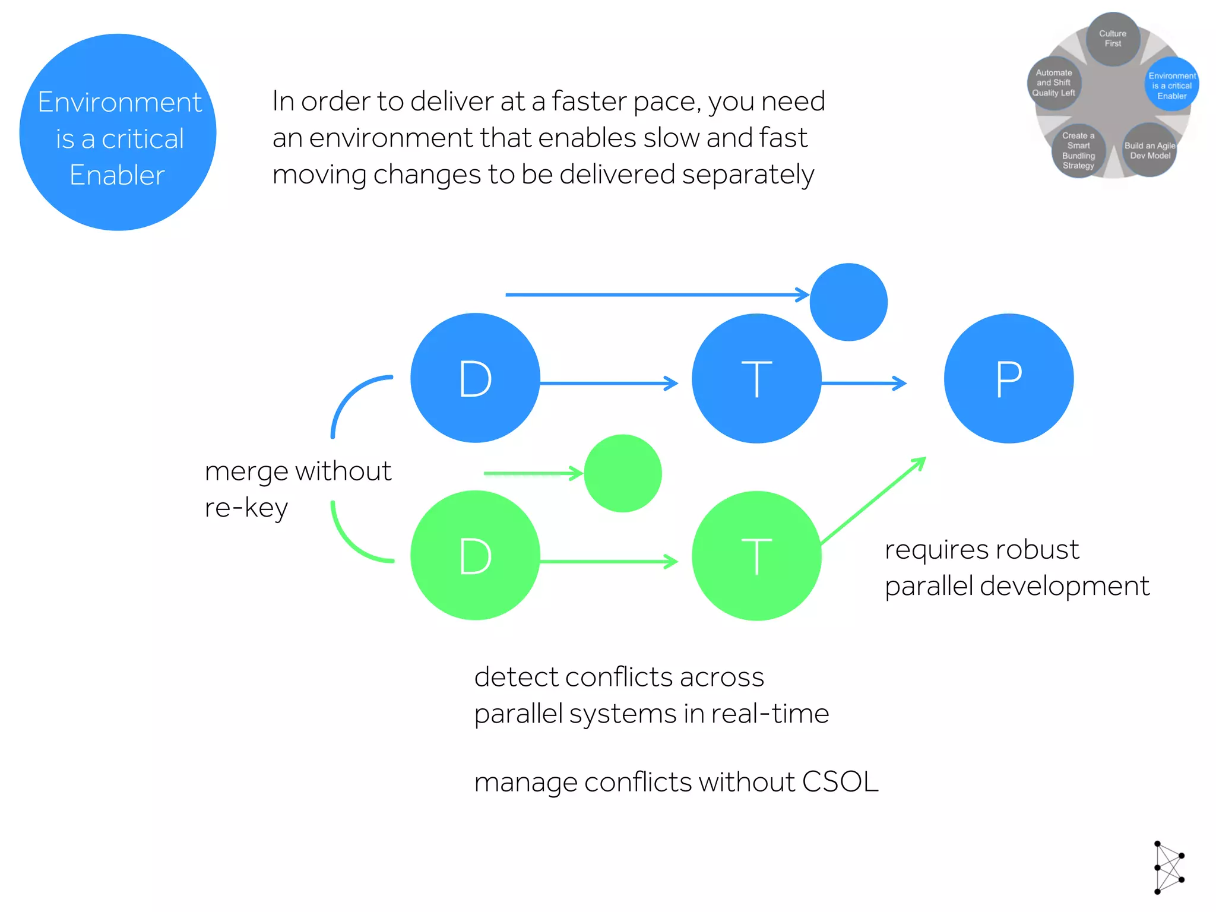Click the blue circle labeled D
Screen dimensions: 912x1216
coord(475,378)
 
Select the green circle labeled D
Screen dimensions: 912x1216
coord(475,556)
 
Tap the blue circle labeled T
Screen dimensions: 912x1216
coord(756,378)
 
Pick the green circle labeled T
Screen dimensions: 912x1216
coord(756,556)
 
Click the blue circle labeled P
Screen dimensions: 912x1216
coord(1009,378)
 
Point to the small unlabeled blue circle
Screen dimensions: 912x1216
coord(848,302)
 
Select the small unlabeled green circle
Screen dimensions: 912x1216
coord(623,473)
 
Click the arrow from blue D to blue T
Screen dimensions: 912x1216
coord(609,384)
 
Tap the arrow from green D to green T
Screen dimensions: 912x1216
coord(609,561)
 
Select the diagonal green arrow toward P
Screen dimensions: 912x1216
coord(873,501)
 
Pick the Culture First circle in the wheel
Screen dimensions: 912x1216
coord(1113,39)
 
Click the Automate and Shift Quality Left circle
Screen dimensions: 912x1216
coord(1054,83)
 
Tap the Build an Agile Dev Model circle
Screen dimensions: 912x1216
coord(1149,151)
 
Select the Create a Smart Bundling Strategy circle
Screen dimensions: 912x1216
coord(1078,151)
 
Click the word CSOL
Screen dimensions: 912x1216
coord(840,781)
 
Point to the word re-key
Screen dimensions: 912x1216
coord(246,508)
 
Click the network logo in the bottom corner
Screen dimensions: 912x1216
coord(1168,867)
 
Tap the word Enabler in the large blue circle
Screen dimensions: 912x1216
coord(117,175)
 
